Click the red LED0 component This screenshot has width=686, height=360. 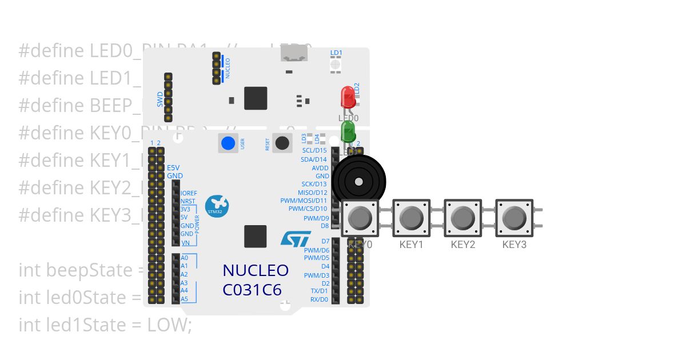(348, 98)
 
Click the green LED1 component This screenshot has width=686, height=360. (348, 131)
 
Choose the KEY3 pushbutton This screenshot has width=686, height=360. (514, 218)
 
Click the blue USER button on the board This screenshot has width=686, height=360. (228, 143)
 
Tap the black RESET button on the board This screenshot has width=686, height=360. (282, 143)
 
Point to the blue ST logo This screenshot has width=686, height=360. (296, 238)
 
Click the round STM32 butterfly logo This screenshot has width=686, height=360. (217, 206)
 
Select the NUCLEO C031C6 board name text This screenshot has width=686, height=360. (256, 280)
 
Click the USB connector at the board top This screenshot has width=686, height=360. (294, 54)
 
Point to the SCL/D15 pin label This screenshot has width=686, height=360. (314, 150)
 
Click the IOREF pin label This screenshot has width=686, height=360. (189, 193)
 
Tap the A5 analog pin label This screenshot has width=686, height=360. (184, 299)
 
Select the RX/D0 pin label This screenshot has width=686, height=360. (319, 299)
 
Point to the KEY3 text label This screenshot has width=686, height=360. (514, 245)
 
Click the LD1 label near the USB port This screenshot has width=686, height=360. (336, 53)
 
